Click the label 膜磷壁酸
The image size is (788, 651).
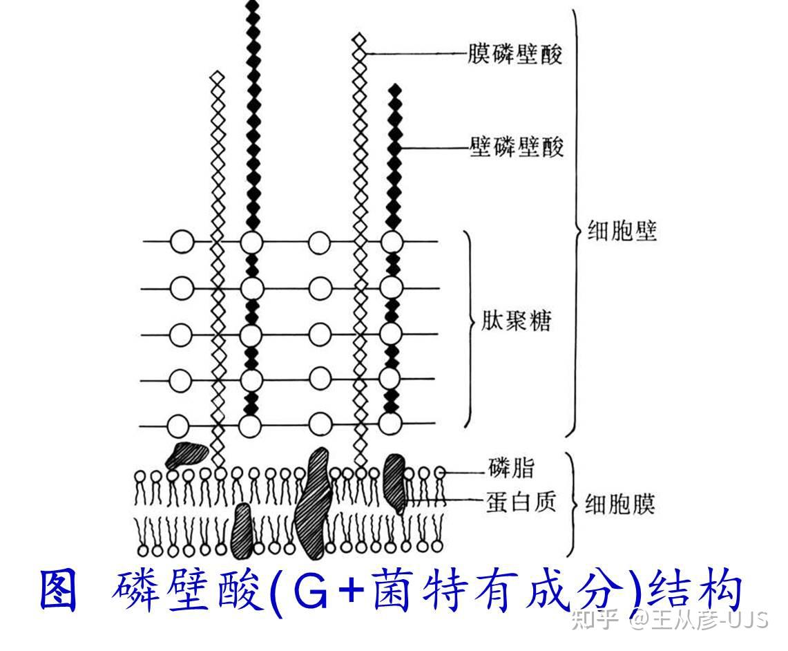tap(515, 54)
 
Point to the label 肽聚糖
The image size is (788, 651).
tap(517, 323)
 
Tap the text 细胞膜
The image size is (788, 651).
tap(619, 504)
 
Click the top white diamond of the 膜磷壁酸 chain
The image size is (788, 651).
tap(358, 41)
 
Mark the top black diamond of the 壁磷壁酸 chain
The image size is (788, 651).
tap(394, 90)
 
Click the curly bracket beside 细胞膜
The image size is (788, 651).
tap(570, 504)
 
